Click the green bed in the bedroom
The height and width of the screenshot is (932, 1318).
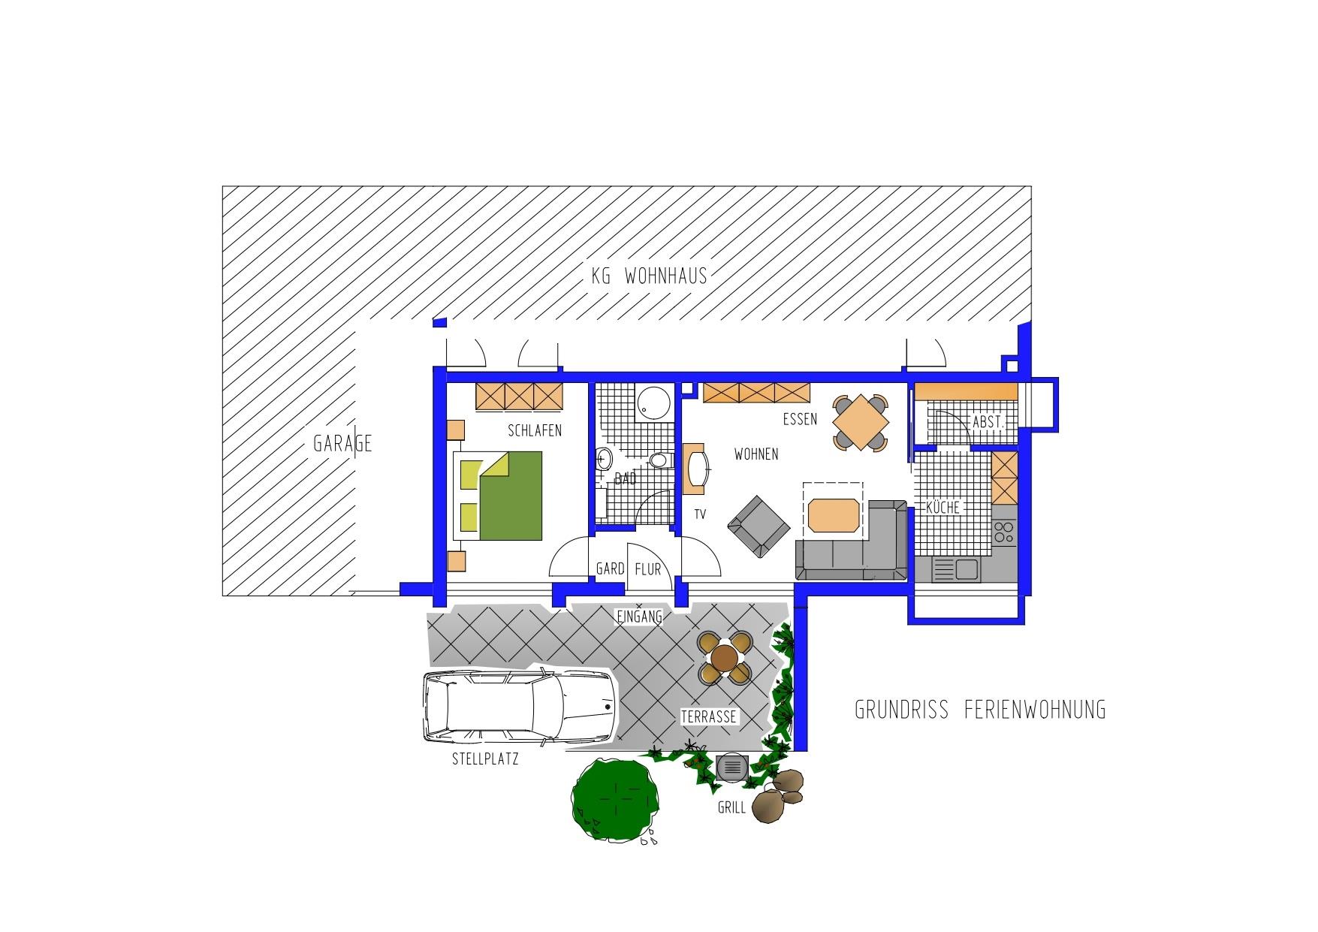click(502, 496)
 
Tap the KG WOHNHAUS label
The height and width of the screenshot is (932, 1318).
click(650, 276)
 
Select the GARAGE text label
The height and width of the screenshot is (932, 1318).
click(342, 444)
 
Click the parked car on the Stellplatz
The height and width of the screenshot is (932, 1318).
click(520, 707)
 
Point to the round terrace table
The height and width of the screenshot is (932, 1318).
click(725, 658)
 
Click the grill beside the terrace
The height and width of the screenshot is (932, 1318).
click(731, 768)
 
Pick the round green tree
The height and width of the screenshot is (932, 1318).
click(617, 800)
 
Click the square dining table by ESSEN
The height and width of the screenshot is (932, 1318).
click(861, 423)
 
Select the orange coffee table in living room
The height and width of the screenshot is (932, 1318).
click(833, 515)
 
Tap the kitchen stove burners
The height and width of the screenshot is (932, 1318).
click(1003, 532)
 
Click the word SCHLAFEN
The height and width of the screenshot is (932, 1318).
click(535, 431)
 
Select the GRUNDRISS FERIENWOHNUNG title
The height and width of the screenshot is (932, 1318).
click(981, 710)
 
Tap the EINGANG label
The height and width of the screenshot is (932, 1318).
click(639, 617)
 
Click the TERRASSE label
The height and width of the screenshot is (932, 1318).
click(708, 717)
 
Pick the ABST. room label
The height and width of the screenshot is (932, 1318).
click(988, 422)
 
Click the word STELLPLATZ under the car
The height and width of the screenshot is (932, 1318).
click(485, 759)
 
